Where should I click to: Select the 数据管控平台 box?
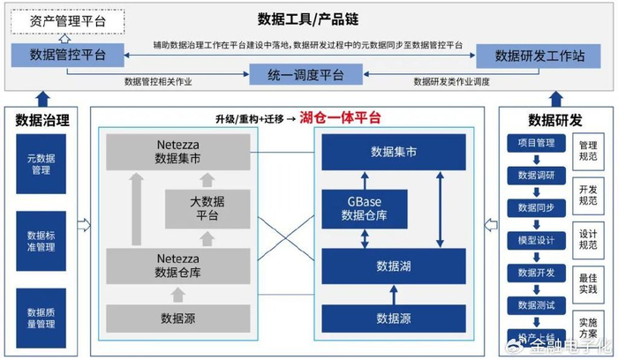pos(68,55)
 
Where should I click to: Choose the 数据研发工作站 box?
pos(540,56)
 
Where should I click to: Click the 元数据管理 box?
pos(41,164)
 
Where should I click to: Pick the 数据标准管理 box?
pos(41,240)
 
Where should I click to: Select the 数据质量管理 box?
pos(41,318)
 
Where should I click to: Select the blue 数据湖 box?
pos(393,266)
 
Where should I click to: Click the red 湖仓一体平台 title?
pos(340,117)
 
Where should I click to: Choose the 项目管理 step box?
pos(535,143)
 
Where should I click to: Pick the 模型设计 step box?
pos(535,240)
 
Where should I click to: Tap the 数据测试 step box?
pos(535,304)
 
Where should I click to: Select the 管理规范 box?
pos(587,150)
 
